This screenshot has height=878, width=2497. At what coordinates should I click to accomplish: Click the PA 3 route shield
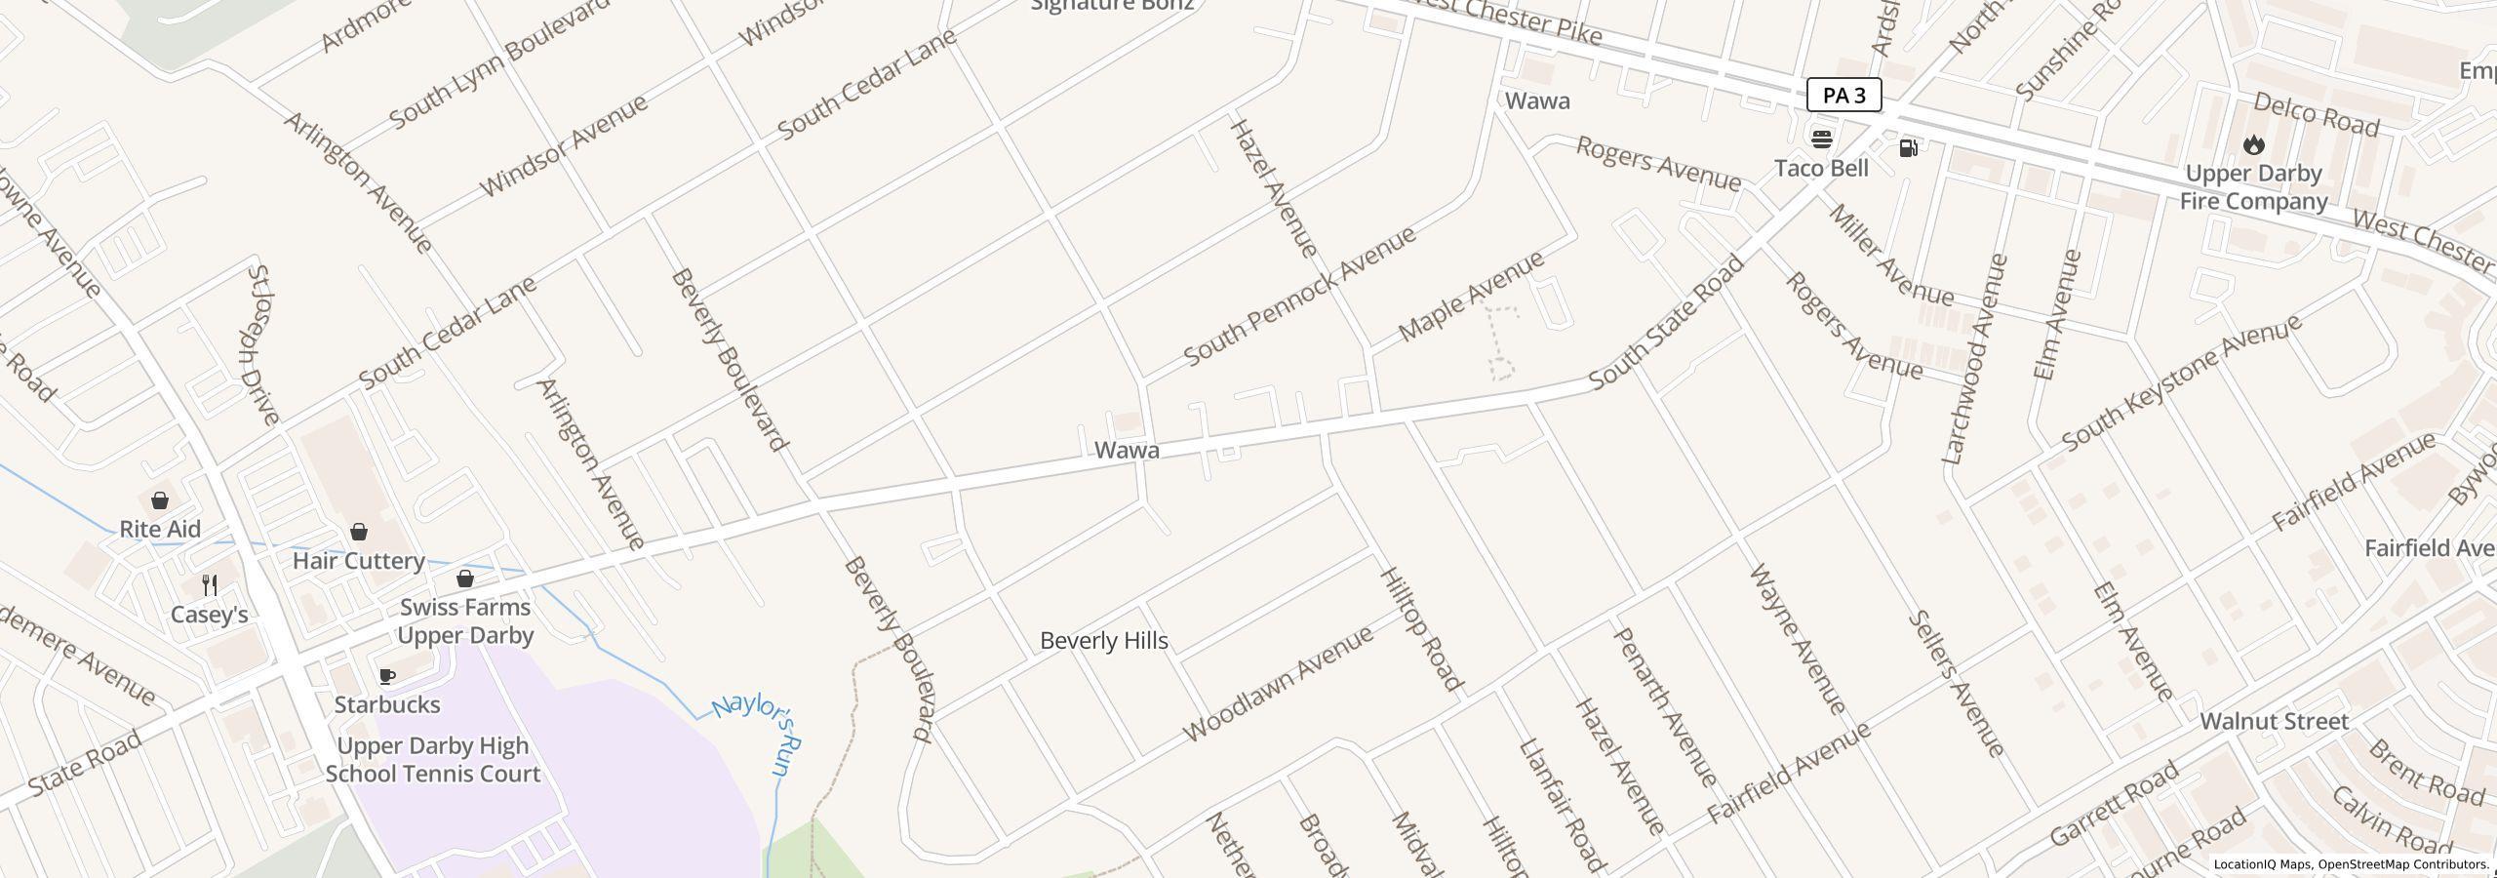[1843, 95]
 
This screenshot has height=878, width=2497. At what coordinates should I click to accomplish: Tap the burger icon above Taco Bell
[1821, 138]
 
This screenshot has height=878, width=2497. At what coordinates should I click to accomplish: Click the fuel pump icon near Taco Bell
[1908, 147]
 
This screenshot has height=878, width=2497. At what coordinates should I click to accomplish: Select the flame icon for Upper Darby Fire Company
[2253, 144]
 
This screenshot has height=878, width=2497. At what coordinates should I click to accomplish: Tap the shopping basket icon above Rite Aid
[160, 500]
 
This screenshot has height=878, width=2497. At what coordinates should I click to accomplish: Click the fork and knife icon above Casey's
[209, 585]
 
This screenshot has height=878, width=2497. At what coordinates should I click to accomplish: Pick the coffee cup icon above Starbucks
[386, 676]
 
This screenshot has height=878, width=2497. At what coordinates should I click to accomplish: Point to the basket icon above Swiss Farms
[465, 579]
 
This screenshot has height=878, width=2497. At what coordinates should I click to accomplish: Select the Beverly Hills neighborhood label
[1103, 641]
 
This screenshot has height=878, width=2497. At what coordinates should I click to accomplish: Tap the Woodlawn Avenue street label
[1278, 683]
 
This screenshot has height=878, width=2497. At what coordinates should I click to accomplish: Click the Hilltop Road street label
[1421, 629]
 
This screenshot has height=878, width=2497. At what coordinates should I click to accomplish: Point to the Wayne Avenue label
[1798, 639]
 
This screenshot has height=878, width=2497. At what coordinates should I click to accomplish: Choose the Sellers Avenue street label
[1956, 683]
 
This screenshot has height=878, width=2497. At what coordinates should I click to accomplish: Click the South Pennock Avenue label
[1299, 297]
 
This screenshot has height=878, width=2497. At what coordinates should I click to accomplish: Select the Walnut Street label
[2274, 722]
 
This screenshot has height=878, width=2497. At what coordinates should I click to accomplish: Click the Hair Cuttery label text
[359, 561]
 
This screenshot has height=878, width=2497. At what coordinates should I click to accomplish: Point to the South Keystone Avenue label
[2181, 382]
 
